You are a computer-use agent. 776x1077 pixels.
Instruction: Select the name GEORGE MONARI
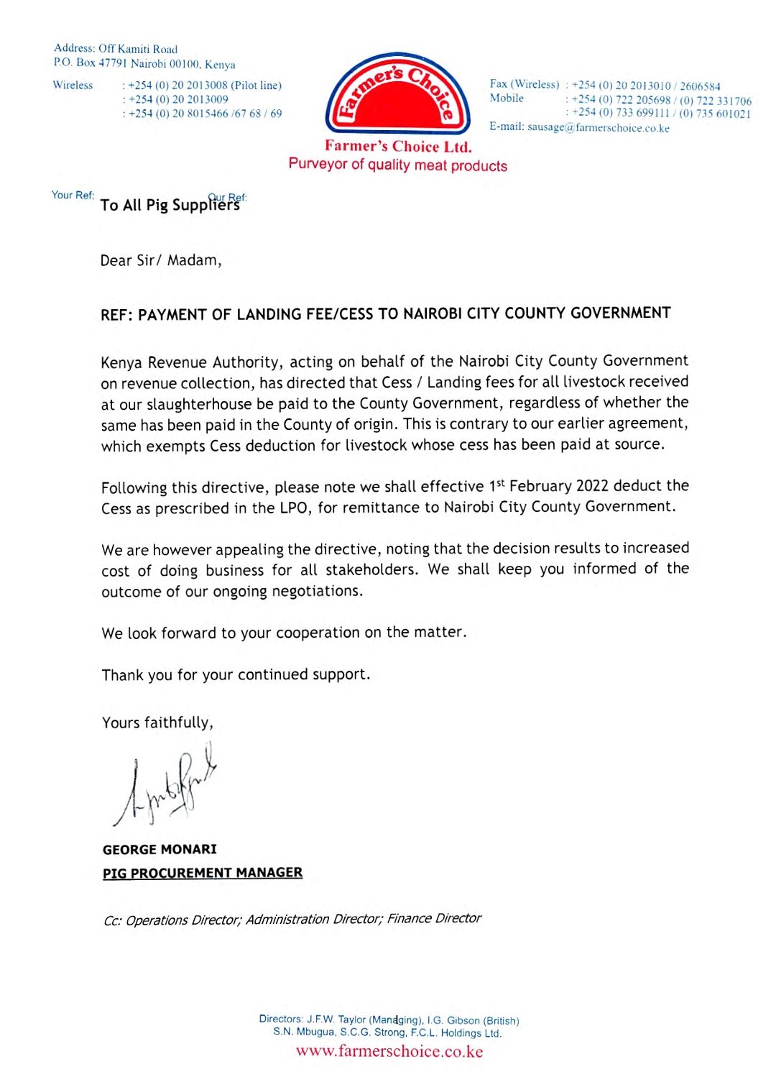pyautogui.click(x=160, y=849)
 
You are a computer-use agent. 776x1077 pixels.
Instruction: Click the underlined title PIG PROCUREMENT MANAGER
pyautogui.click(x=203, y=873)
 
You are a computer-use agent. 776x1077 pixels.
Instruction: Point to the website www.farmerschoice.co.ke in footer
pyautogui.click(x=389, y=1051)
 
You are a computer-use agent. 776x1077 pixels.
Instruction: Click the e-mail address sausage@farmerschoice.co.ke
pyautogui.click(x=598, y=128)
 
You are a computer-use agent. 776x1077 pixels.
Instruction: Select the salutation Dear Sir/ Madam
pyautogui.click(x=161, y=260)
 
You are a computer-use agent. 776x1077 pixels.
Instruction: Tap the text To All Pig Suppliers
pyautogui.click(x=170, y=206)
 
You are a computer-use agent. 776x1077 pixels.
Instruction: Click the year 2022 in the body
pyautogui.click(x=592, y=486)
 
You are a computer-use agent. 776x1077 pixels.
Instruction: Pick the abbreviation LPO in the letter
pyautogui.click(x=293, y=508)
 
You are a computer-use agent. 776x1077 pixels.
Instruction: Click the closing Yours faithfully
pyautogui.click(x=157, y=723)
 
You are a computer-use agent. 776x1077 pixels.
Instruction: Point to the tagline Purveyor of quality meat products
pyautogui.click(x=397, y=165)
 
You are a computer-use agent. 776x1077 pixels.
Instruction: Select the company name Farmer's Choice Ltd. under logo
pyautogui.click(x=398, y=147)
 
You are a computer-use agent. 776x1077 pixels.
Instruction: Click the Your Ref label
pyautogui.click(x=73, y=195)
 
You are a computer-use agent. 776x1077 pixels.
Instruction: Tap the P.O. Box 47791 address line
pyautogui.click(x=144, y=63)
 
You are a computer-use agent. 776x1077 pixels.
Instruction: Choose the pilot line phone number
pyautogui.click(x=205, y=86)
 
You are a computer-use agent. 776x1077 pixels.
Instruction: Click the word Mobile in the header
pyautogui.click(x=507, y=98)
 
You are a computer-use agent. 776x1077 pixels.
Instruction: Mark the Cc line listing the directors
pyautogui.click(x=292, y=920)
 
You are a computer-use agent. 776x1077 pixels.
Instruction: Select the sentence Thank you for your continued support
pyautogui.click(x=236, y=675)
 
